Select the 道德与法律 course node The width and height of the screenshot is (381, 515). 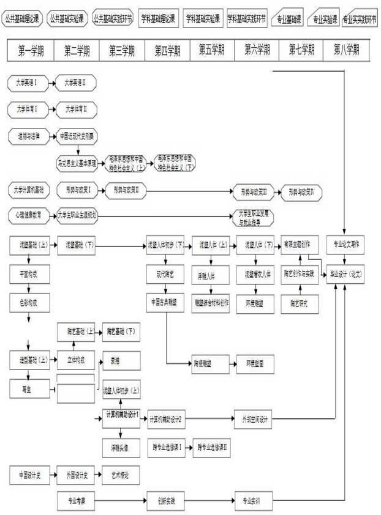[x=29, y=136]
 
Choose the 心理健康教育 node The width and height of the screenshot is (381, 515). [x=29, y=215]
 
